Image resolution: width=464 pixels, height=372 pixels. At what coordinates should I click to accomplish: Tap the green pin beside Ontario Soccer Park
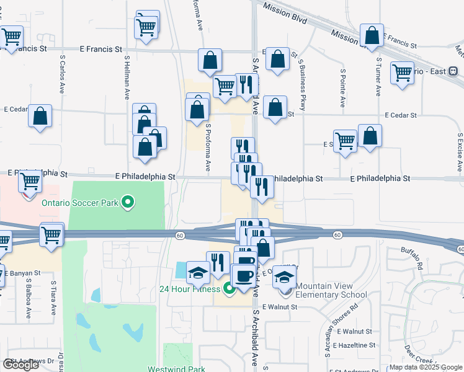128,201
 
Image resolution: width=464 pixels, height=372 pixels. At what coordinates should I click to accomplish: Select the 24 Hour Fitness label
189,289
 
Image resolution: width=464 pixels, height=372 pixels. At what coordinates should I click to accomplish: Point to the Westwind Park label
176,369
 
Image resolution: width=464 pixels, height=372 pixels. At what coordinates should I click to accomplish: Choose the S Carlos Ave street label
62,73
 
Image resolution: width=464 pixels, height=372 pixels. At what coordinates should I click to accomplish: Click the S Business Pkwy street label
302,79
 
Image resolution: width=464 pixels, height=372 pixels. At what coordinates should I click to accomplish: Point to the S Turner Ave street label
378,77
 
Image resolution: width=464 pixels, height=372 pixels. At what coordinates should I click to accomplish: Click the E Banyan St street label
22,273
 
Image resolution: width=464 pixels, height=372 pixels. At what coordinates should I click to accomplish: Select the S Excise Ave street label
460,153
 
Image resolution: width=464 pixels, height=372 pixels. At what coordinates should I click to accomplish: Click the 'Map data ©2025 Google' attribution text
426,367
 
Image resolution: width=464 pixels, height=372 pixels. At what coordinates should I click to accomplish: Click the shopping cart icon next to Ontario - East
402,73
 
